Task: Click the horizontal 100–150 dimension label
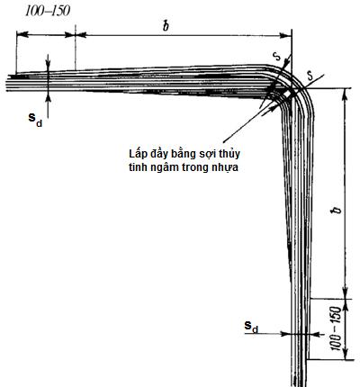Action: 48,11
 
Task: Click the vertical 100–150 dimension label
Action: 337,328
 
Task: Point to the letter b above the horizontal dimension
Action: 166,26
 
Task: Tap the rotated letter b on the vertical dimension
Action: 337,210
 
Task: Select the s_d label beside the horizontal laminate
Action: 35,119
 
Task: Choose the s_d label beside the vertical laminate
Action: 251,327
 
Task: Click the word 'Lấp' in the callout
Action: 137,154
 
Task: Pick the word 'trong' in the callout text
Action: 196,168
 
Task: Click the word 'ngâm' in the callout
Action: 164,168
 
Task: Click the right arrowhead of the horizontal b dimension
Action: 286,35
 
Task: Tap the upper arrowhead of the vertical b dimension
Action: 345,94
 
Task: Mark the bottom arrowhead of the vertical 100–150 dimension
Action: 346,354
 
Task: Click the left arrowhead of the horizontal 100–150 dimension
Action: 22,34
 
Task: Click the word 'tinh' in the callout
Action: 137,167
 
